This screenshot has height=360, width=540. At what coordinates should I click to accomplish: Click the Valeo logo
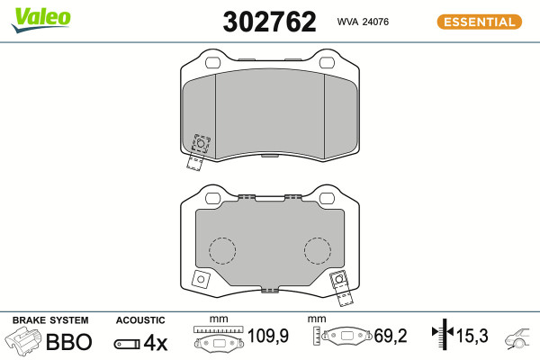pos(41,20)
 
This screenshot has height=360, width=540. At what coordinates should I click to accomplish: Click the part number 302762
pos(269,22)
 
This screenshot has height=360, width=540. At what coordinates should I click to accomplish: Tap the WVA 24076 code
pos(363,22)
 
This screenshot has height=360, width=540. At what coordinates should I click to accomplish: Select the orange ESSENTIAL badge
pos(480,22)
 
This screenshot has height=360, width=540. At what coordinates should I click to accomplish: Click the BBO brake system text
pos(69,342)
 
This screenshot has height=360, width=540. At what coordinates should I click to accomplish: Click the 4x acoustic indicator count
pos(156,342)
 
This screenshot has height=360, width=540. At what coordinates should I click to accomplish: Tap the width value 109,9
pos(268,336)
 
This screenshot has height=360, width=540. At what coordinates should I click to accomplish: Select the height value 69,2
pos(391,336)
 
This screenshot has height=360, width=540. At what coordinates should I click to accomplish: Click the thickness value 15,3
pos(472,336)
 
